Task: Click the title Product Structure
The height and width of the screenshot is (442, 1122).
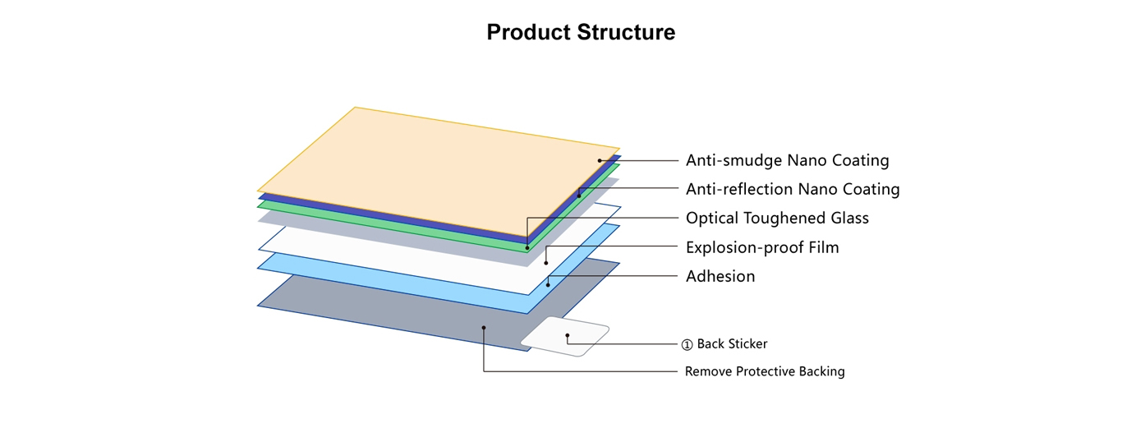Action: tap(581, 32)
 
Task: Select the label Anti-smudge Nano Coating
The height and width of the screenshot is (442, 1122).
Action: tap(788, 160)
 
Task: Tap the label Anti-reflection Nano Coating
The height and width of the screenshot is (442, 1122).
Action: tap(793, 189)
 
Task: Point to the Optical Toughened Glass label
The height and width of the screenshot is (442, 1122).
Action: tap(777, 218)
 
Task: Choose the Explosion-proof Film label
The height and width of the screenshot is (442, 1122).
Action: tap(762, 247)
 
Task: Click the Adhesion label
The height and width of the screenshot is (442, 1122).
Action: tap(720, 276)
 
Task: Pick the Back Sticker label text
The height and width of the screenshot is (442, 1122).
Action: tap(733, 343)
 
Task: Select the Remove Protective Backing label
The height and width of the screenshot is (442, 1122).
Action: tap(765, 371)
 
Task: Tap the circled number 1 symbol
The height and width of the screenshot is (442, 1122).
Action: tap(687, 345)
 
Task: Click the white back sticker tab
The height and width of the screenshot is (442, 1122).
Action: tap(565, 336)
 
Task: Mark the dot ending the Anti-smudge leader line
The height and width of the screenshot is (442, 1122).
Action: tap(600, 160)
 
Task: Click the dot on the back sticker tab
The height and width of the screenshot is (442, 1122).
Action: tap(568, 335)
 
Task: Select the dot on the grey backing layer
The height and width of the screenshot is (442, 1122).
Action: tap(484, 328)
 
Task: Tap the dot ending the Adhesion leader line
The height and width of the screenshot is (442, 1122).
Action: tap(548, 285)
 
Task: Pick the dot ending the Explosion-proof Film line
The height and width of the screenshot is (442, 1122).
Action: tap(546, 263)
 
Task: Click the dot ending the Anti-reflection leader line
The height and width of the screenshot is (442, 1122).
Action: tap(579, 196)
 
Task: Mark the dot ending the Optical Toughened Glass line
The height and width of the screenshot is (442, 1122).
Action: tap(527, 248)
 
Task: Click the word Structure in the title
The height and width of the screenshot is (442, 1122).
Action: tap(626, 32)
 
